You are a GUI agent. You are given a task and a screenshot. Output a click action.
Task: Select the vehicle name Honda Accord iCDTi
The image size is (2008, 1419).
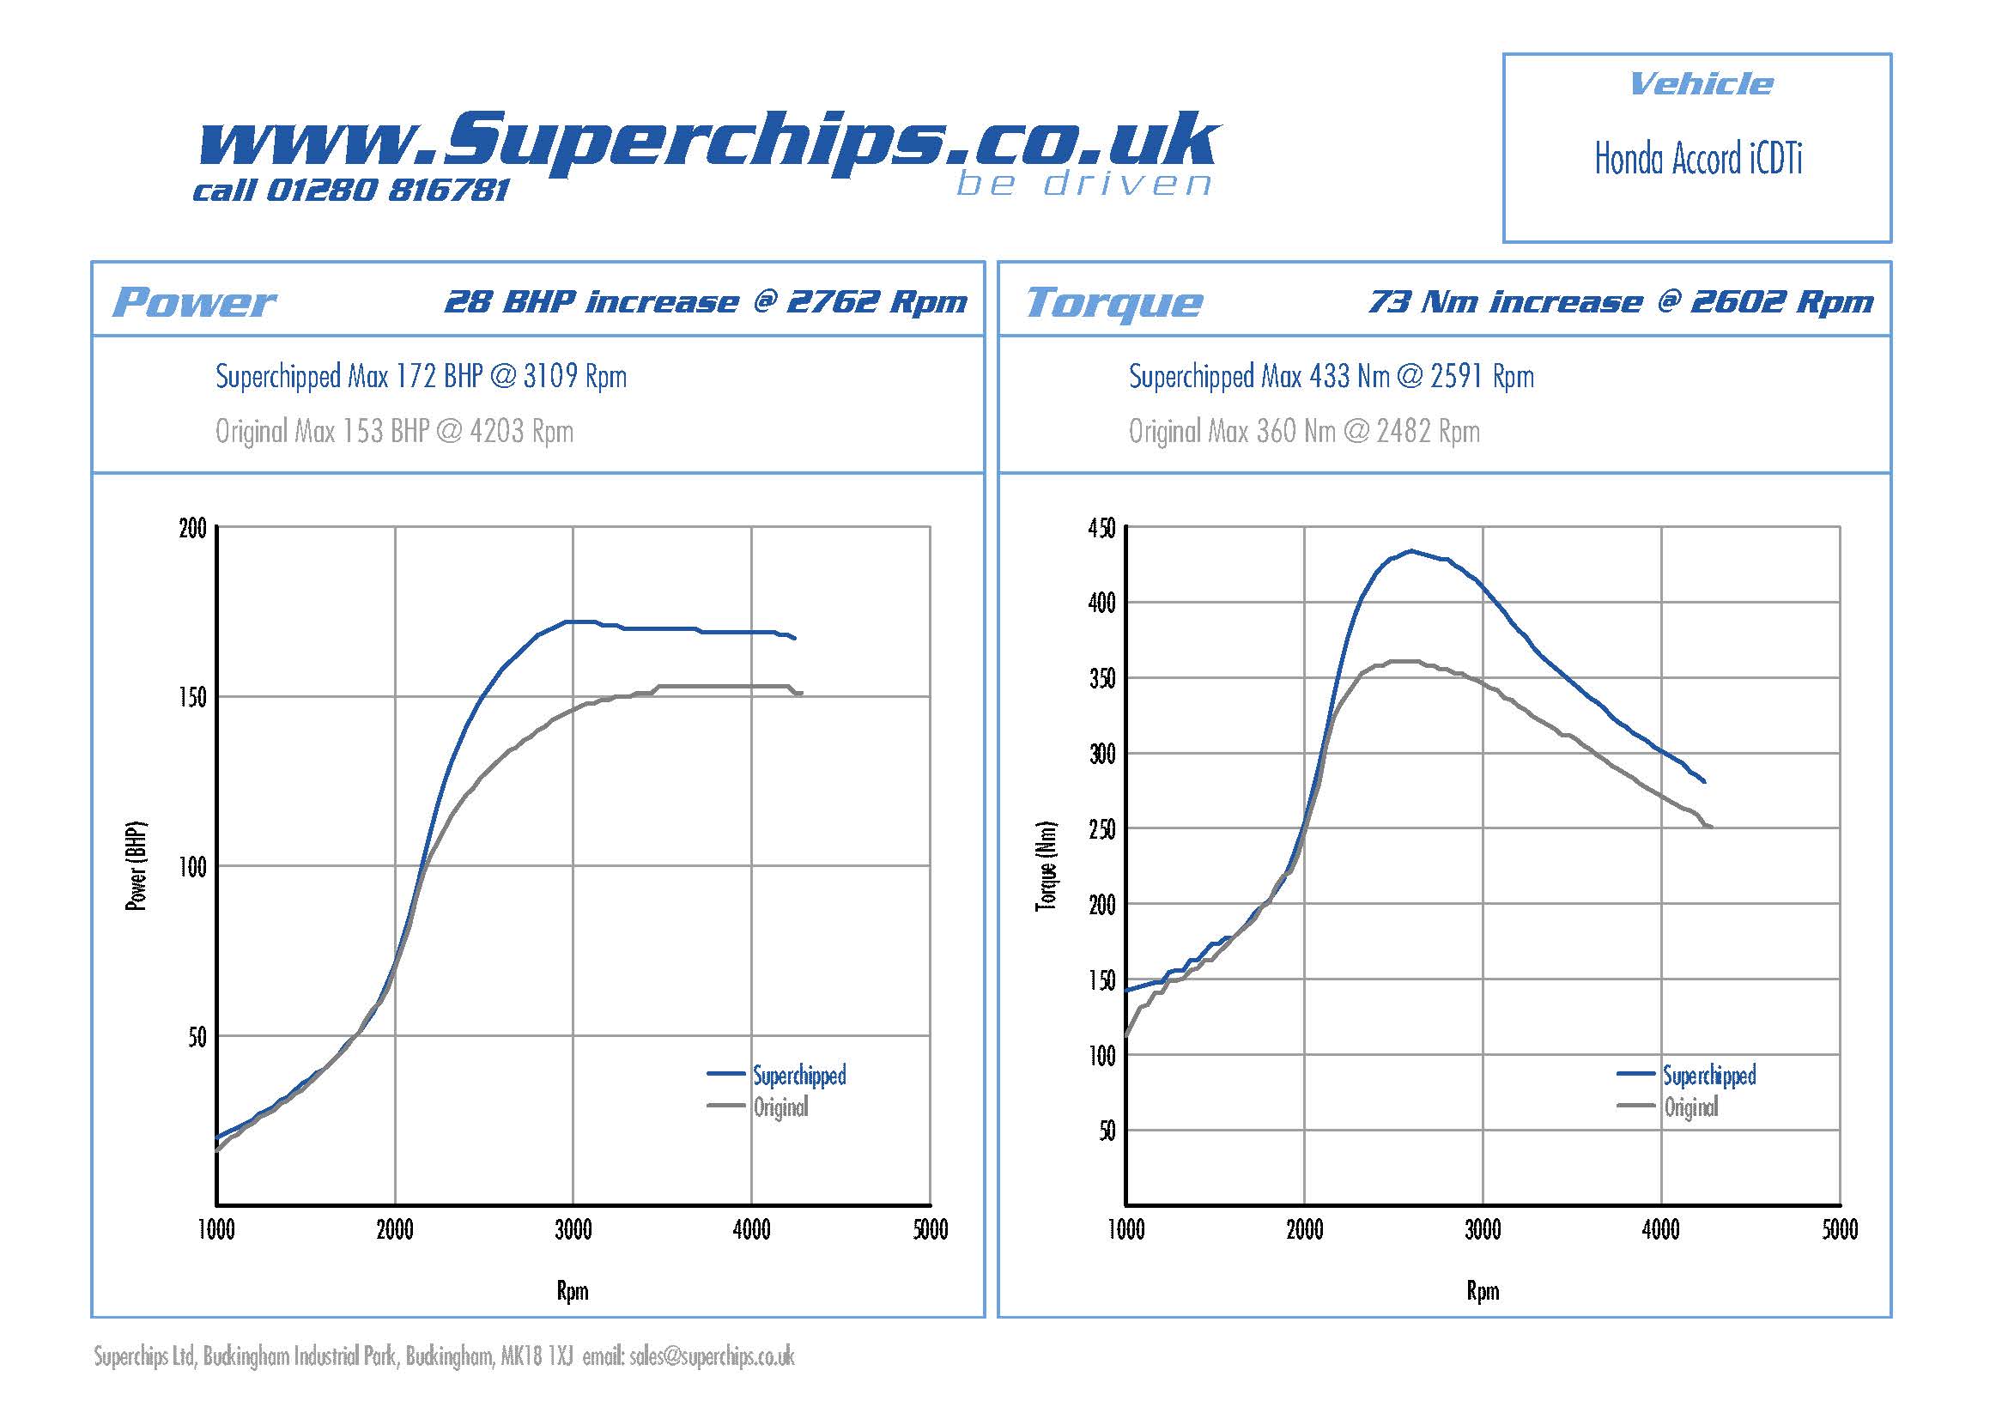click(1697, 159)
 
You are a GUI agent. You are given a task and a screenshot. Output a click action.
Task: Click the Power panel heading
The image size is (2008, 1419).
click(194, 302)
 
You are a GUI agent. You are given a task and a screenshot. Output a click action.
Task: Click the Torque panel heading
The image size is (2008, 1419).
click(1113, 302)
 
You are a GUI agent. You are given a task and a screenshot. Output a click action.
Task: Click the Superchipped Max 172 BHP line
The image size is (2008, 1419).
click(421, 377)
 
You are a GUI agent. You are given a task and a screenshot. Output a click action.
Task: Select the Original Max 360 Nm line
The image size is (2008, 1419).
click(1303, 431)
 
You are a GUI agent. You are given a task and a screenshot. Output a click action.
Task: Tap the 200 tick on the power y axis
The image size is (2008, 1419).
click(192, 529)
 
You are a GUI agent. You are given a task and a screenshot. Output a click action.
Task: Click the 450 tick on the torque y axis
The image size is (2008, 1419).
click(1101, 529)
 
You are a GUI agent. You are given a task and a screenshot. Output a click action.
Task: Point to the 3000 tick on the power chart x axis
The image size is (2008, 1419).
click(573, 1230)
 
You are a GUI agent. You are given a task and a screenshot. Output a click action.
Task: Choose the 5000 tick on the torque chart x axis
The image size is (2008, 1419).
click(1839, 1230)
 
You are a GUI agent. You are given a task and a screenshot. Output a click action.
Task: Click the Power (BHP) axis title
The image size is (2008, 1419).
click(136, 866)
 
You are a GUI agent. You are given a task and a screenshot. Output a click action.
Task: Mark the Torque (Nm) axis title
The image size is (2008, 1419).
click(1046, 866)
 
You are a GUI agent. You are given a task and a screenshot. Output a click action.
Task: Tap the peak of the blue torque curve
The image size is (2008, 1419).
click(1410, 551)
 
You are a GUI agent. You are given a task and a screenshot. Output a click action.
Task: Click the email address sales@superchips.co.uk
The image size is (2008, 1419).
click(711, 1356)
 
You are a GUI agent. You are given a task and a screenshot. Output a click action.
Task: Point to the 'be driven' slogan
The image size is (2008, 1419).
click(1083, 185)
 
